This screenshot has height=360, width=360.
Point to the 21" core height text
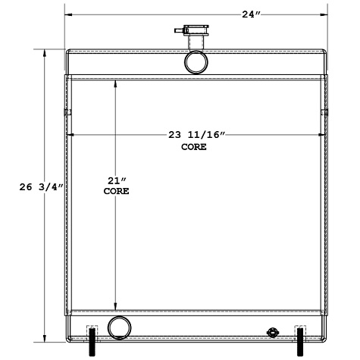point(115,180)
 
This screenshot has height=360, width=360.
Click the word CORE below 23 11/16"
point(194,147)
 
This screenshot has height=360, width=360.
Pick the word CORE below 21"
point(115,192)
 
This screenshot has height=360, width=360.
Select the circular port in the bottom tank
point(119,327)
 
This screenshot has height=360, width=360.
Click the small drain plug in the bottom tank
point(274,332)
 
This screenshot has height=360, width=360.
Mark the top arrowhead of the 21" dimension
point(115,83)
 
